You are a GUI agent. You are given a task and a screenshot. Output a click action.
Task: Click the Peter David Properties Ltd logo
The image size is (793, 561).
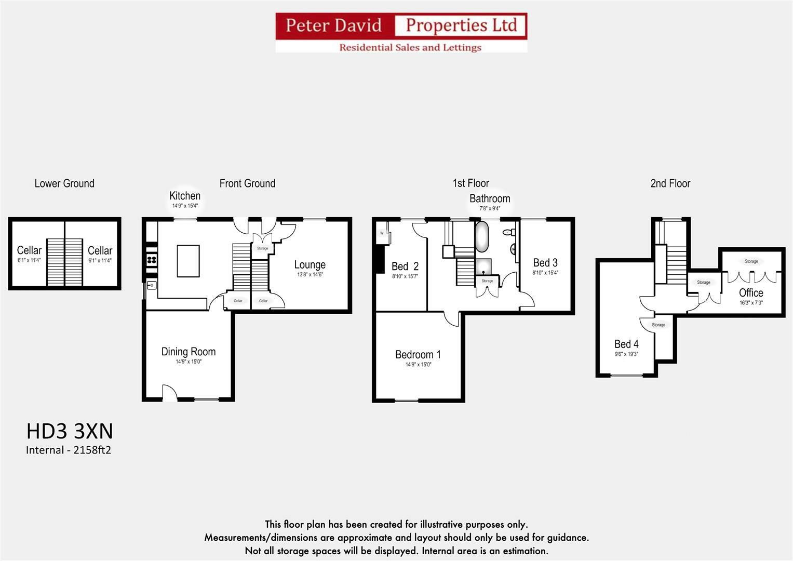401,32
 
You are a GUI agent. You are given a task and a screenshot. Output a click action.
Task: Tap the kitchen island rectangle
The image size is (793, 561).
188,261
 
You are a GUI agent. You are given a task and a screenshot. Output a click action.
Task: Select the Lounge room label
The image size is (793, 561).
310,265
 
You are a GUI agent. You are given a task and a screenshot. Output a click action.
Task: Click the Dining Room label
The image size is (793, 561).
188,352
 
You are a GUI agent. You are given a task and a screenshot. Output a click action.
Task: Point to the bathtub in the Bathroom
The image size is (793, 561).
482,237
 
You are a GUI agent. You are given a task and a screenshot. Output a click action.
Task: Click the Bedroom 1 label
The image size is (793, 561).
418,355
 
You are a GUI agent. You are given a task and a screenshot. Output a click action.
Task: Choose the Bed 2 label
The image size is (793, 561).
405,266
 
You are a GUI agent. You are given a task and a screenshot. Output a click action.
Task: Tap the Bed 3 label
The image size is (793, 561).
545,263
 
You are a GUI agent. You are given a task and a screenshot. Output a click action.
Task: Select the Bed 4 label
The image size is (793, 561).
626,344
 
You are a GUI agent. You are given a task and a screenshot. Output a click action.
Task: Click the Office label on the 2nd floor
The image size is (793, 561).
751,293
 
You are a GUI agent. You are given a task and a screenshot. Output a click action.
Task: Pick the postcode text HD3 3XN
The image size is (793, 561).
70,431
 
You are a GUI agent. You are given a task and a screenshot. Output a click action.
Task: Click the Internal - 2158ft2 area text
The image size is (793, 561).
69,450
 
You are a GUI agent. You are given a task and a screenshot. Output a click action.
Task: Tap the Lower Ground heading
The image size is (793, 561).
64,183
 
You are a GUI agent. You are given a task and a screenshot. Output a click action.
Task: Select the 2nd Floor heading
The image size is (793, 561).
670,183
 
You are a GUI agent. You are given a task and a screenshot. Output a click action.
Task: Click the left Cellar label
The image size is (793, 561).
29,250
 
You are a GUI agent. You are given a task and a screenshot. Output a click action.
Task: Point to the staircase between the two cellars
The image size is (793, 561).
65,262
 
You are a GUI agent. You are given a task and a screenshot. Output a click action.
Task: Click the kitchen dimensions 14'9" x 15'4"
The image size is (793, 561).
185,206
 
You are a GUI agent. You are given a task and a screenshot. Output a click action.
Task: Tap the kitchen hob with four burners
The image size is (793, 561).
152,259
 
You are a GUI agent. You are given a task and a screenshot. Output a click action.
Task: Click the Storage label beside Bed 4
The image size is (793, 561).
658,325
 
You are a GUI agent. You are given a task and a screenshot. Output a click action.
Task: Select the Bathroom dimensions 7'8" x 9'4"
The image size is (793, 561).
489,209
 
